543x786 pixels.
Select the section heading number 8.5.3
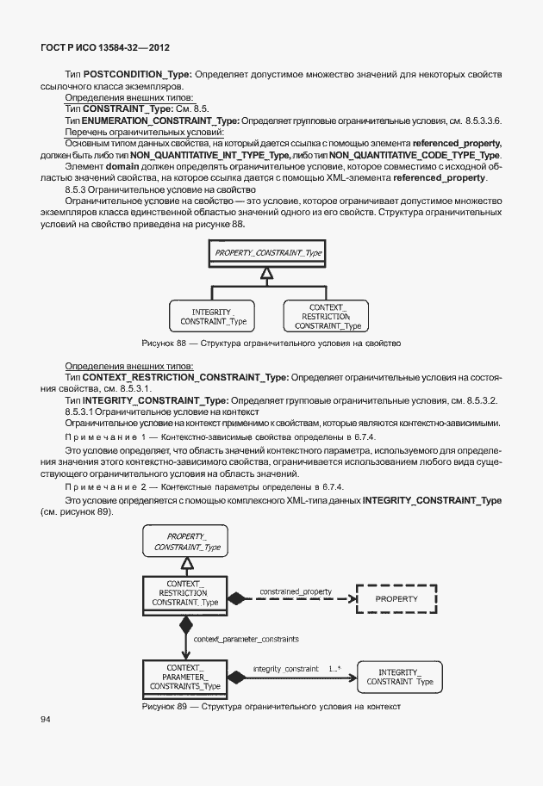78,189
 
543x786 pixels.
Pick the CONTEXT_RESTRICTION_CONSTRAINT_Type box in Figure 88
328,317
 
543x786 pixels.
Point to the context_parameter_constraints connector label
247,640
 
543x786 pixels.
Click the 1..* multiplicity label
334,668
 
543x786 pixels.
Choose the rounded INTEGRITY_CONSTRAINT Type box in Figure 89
400,677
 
